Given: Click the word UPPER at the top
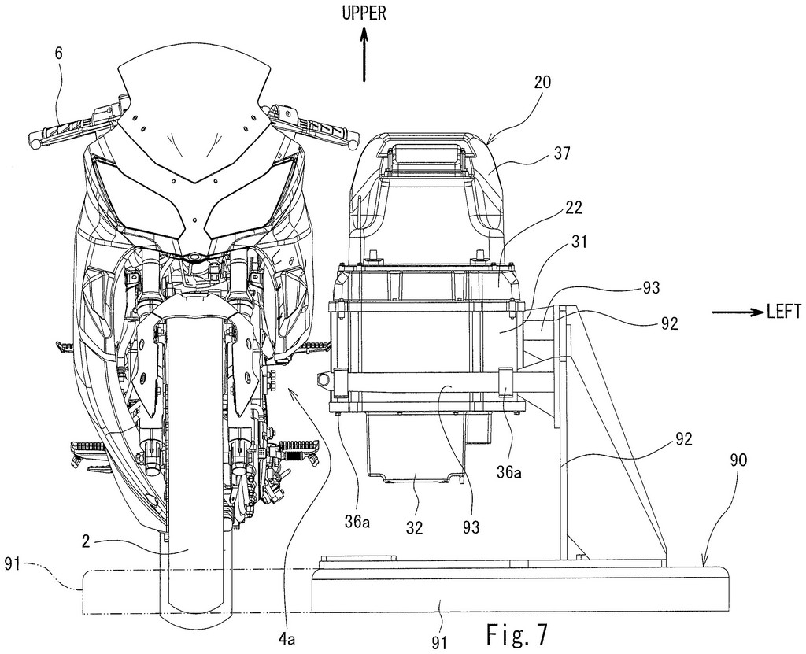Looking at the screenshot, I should coord(364,13).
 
